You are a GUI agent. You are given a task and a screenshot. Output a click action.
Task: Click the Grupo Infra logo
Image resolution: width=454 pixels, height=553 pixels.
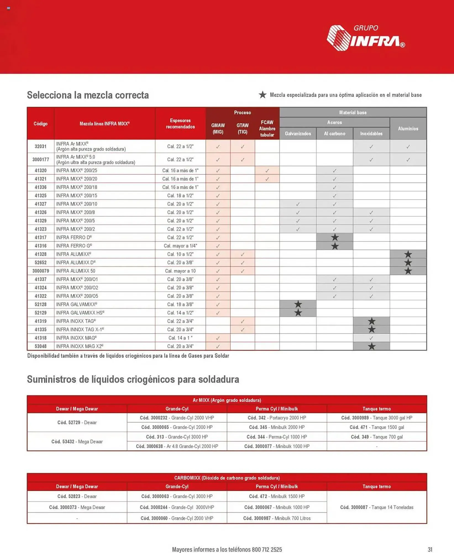[365, 38]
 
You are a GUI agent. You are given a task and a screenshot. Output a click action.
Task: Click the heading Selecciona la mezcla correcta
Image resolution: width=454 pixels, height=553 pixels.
[88, 95]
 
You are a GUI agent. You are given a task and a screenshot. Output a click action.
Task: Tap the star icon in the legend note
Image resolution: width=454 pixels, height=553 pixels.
[262, 95]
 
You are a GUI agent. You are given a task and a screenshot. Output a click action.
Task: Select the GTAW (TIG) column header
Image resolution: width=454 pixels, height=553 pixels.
[242, 129]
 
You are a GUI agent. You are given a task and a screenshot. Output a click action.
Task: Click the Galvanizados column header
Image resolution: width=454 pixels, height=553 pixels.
[298, 134]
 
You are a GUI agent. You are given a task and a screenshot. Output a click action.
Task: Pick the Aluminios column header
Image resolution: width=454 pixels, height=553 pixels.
[408, 129]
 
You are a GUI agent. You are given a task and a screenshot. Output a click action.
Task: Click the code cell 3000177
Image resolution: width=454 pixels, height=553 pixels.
[41, 160]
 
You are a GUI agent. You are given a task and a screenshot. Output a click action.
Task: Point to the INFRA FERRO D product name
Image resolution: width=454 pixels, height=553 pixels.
[74, 237]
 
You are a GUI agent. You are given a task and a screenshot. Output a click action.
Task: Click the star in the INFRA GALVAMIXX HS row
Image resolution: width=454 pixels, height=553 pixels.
[298, 313]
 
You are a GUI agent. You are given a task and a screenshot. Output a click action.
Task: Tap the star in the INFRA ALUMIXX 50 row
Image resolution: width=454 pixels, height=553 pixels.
[408, 271]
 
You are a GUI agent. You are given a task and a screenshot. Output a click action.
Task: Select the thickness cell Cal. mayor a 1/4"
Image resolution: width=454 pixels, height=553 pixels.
[180, 246]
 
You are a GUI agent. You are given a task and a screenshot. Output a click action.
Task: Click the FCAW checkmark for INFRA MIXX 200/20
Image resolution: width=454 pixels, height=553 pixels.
[267, 179]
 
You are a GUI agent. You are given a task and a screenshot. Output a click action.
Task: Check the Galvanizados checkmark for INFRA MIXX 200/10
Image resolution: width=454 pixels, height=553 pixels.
[298, 204]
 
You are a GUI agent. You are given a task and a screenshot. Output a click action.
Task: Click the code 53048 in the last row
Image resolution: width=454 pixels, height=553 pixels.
[41, 346]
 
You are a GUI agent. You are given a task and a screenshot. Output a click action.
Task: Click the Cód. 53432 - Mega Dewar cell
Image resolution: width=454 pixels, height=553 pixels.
[77, 442]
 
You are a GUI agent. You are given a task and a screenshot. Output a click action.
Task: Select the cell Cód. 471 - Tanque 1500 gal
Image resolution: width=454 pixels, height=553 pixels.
[376, 427]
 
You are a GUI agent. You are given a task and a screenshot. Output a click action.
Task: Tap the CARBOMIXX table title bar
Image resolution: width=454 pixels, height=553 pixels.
[227, 478]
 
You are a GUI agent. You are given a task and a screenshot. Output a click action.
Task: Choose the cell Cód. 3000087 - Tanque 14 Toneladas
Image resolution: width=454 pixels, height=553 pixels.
[376, 507]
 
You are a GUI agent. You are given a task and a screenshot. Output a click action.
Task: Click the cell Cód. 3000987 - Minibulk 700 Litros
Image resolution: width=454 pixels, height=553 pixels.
[277, 518]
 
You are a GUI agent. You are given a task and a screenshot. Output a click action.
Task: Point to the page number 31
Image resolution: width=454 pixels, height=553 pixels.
[430, 549]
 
